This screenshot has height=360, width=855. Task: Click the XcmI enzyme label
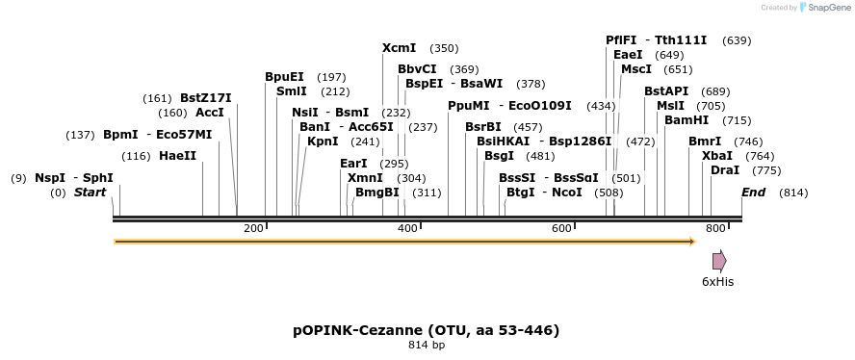399,48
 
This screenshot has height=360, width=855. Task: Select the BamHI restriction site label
687,120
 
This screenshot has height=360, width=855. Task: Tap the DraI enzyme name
724,170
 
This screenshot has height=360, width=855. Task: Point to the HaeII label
177,156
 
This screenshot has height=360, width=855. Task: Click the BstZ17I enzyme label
205,98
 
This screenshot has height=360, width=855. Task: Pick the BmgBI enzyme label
376,193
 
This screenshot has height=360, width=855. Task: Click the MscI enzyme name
636,69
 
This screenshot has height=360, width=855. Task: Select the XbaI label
716,156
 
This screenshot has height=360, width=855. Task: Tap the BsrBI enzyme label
482,127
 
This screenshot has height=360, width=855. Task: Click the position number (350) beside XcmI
444,48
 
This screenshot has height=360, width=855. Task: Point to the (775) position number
766,170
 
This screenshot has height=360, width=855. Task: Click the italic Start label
90,193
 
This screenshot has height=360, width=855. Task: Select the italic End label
753,193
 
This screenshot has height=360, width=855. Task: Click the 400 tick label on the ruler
406,228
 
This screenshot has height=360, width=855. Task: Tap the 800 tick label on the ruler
714,228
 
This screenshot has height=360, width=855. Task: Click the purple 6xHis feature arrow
718,261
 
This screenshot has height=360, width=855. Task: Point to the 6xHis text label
717,281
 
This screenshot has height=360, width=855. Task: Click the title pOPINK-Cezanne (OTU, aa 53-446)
426,330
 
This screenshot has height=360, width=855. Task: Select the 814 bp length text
426,345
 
